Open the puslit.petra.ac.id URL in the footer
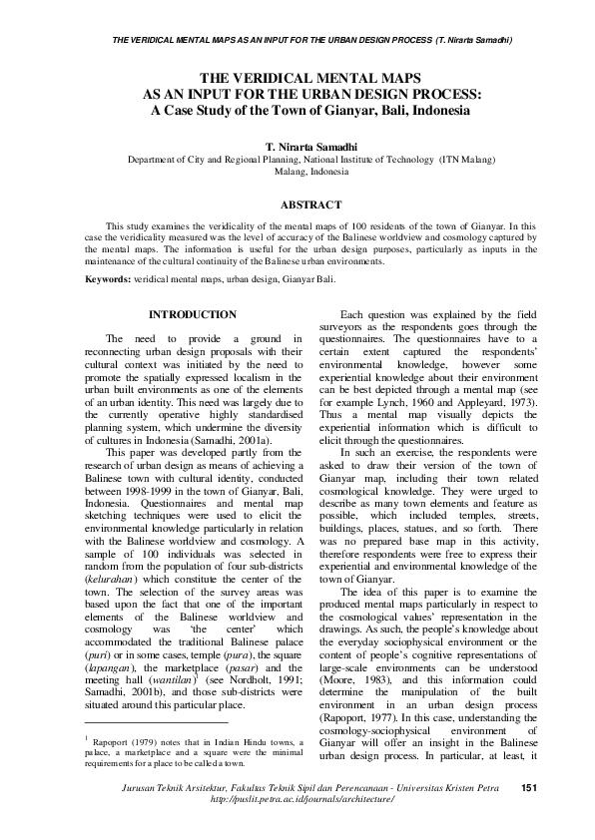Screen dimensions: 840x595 click(x=298, y=827)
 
